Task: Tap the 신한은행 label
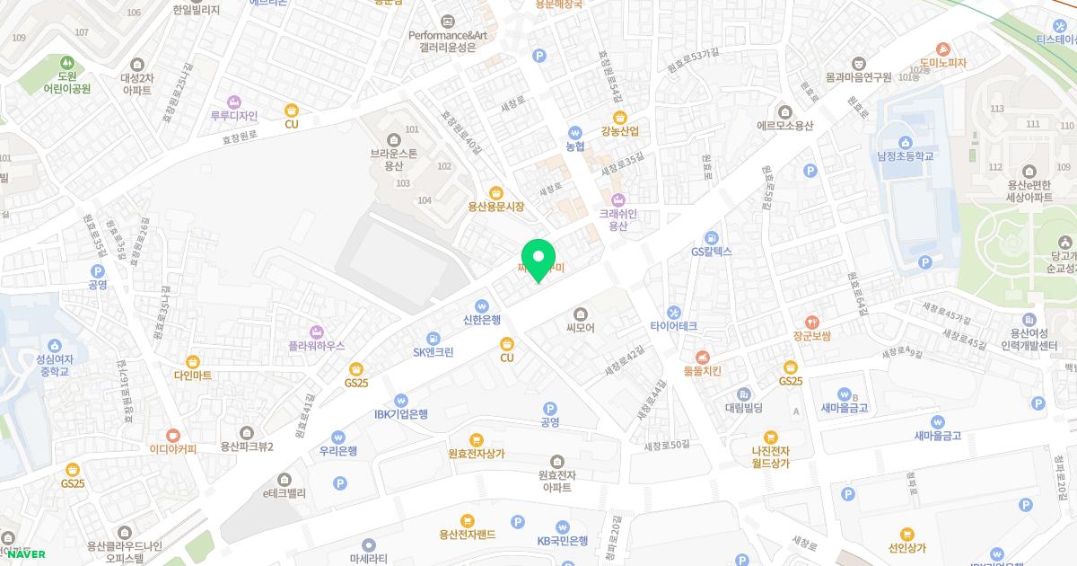coord(482,319)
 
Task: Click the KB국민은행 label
coord(563,541)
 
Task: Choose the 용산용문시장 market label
coord(495,207)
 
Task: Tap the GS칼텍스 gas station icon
coord(712,237)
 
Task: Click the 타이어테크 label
coord(674,326)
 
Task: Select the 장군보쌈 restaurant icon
coord(811,322)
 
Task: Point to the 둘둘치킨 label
coord(702,370)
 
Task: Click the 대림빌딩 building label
coord(743,408)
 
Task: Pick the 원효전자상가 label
coord(477,454)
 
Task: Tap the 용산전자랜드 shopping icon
coord(467,520)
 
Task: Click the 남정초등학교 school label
coord(906,156)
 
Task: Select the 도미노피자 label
coord(942,63)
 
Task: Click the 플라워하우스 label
coord(316,346)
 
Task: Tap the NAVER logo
coord(27,553)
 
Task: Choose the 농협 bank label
coord(574,146)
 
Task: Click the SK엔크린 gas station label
coord(433,352)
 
